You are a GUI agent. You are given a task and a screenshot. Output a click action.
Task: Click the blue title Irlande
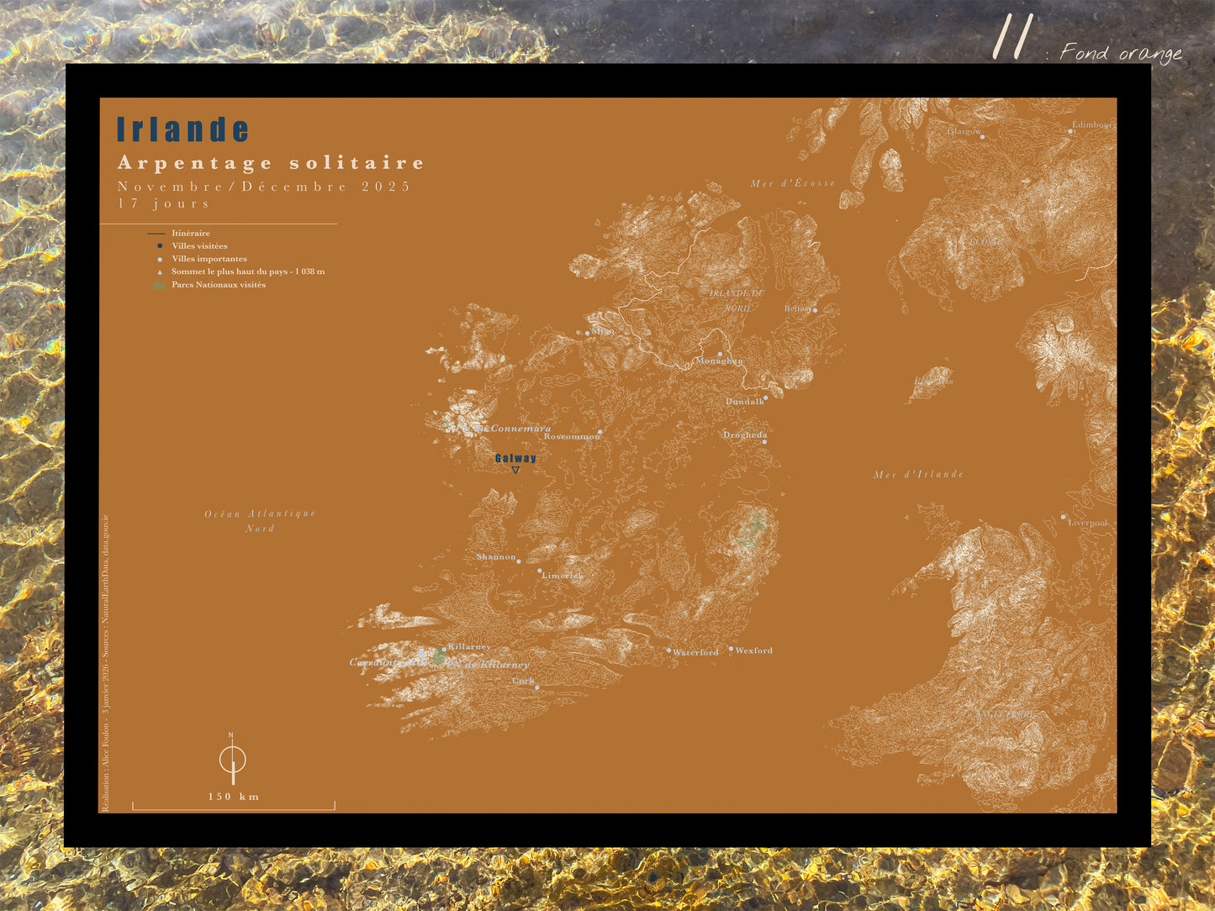182,129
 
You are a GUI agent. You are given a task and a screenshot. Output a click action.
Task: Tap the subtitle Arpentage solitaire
271,163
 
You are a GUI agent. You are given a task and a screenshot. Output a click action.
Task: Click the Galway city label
515,458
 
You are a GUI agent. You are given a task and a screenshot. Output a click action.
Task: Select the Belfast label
798,308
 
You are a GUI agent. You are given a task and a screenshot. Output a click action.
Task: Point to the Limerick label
563,576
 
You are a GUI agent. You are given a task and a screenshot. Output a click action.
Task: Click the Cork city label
523,681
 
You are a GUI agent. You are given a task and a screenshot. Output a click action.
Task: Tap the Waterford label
695,652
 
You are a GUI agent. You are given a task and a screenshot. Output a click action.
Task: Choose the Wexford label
753,650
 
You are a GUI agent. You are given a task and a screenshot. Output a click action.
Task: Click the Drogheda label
745,435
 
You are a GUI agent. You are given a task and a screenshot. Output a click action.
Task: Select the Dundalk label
745,402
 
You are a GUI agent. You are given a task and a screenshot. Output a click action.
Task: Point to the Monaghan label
719,361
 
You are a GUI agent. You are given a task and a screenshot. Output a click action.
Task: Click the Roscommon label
572,436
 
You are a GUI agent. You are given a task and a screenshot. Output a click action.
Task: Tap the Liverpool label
1088,523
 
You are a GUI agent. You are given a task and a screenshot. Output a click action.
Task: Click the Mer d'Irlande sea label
918,475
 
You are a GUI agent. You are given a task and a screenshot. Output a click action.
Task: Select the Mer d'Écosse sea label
793,183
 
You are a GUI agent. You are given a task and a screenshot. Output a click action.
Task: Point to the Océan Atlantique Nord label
260,520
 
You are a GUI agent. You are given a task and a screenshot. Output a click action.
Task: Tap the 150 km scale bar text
234,797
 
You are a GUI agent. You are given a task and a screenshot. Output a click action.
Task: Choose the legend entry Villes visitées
199,246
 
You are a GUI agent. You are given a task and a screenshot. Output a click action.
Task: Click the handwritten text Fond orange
1121,53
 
